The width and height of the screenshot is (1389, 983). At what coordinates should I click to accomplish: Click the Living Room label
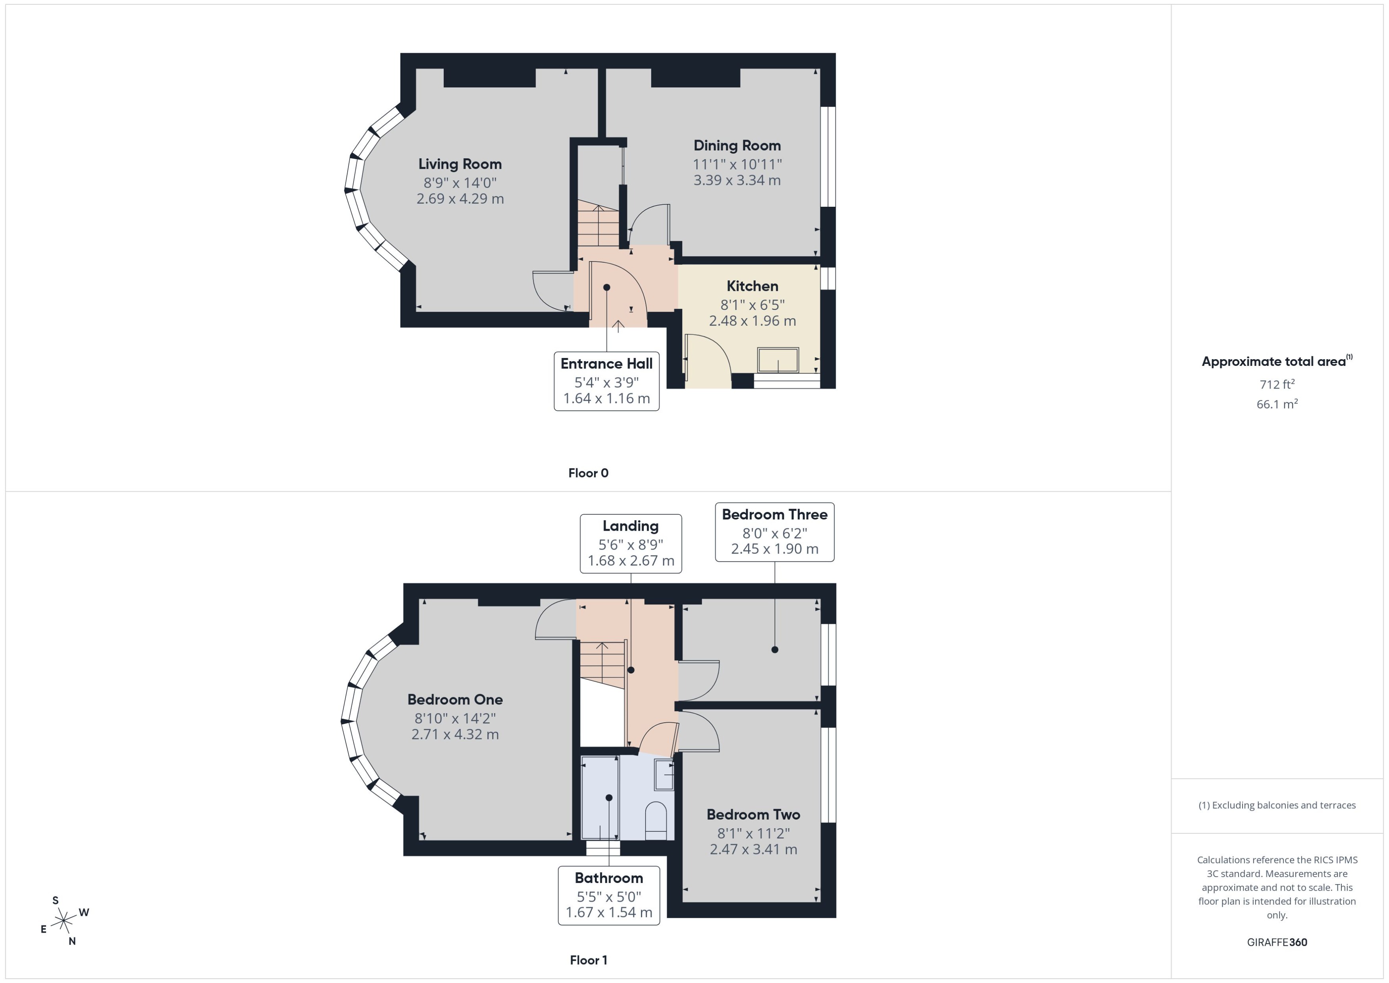tap(460, 164)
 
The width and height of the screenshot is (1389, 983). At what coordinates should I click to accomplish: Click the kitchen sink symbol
tap(778, 360)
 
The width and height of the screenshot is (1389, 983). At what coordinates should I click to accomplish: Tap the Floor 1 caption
tap(588, 960)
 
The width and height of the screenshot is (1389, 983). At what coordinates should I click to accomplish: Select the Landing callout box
tap(631, 543)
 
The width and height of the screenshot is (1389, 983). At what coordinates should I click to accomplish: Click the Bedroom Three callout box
tap(774, 531)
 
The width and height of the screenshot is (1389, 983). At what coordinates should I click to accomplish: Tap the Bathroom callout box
tap(608, 895)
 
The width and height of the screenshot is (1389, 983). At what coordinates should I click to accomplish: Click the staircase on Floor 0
tap(598, 225)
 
